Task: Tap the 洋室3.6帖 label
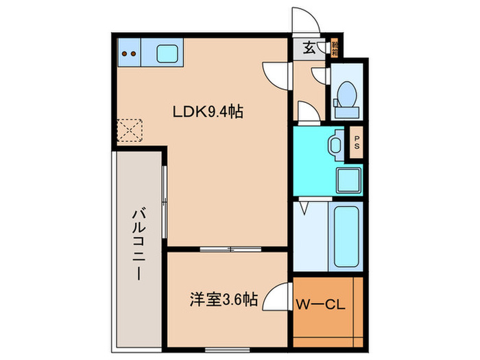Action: tap(224, 300)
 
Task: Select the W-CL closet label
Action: tap(319, 302)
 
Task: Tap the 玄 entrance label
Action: tap(309, 48)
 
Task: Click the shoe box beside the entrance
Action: tap(335, 48)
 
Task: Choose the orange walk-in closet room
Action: tap(327, 312)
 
